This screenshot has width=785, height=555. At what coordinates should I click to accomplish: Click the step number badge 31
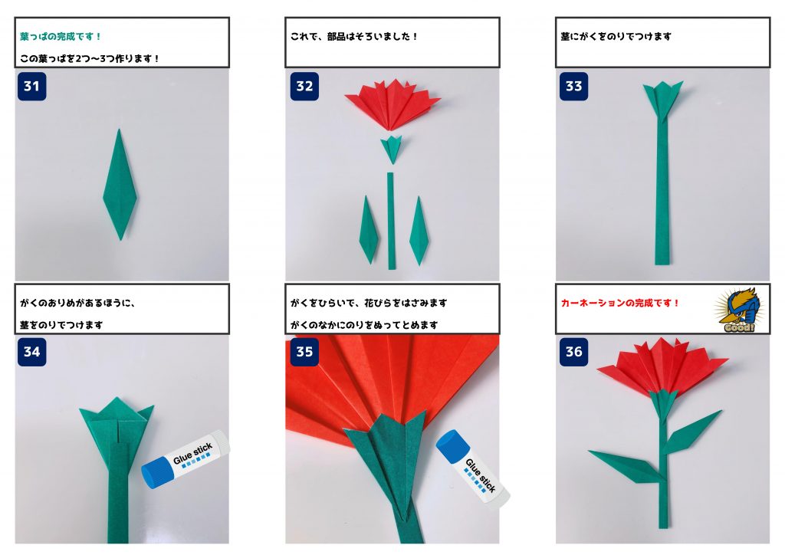point(31,86)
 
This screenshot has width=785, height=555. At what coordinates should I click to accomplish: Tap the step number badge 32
point(304,86)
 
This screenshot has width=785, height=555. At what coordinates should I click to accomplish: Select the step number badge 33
point(573,86)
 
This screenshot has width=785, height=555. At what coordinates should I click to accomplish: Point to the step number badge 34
point(31,351)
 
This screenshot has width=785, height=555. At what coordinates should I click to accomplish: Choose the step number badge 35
point(304,351)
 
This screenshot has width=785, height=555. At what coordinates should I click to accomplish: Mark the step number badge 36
point(573,351)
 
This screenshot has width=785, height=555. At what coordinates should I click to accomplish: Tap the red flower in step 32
point(392,104)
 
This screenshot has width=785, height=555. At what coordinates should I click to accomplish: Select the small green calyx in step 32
point(392,149)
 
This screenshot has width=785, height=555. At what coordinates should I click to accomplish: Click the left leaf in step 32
point(369,230)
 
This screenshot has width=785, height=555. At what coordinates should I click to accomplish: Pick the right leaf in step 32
point(419,232)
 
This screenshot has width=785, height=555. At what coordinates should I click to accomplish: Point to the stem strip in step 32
point(391,222)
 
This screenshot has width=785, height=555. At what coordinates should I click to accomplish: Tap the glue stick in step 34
point(186,459)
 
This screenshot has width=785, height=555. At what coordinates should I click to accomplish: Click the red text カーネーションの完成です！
point(619,303)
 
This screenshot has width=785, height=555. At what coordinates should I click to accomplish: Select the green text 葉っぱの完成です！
point(61,37)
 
